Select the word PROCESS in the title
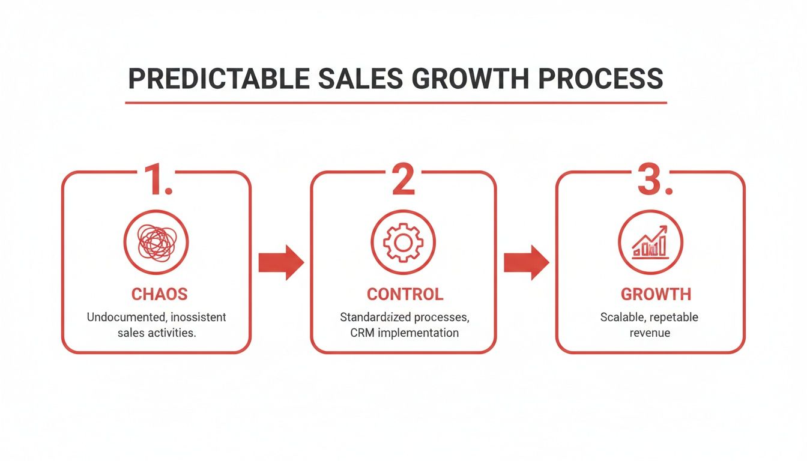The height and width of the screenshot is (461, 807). (x=605, y=79)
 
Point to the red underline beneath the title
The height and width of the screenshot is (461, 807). (x=396, y=103)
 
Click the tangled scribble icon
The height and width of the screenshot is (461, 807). (x=156, y=242)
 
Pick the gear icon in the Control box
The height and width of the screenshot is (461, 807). (x=403, y=242)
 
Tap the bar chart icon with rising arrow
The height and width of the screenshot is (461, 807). (x=650, y=242)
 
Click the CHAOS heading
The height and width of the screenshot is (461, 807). (x=159, y=294)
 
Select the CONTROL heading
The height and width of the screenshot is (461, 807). (x=405, y=294)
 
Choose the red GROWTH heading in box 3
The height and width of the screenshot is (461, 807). (x=656, y=294)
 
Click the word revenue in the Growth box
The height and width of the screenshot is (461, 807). (x=650, y=333)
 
